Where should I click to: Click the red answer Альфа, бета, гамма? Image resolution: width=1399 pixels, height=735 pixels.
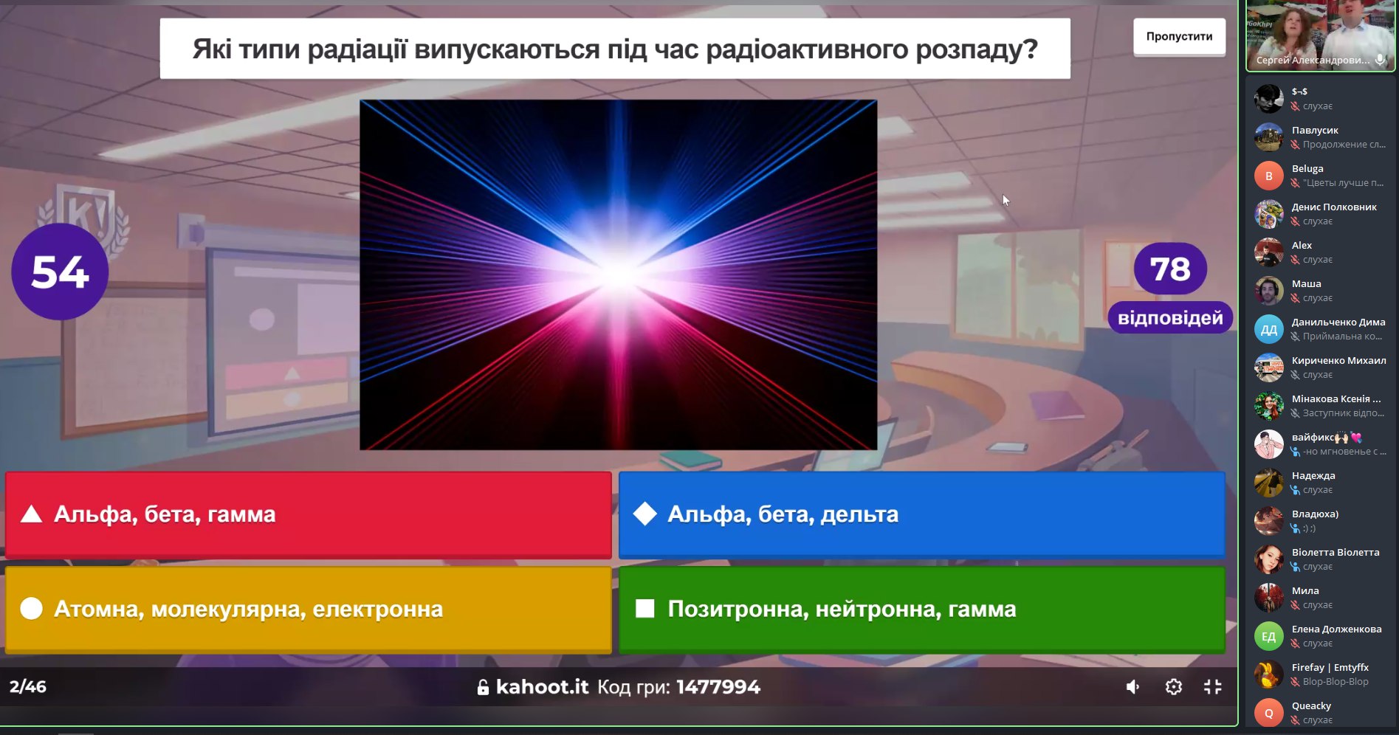309,514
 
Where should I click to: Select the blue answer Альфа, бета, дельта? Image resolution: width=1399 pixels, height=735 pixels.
922,514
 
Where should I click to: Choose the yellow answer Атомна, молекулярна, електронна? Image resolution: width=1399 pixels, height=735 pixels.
309,610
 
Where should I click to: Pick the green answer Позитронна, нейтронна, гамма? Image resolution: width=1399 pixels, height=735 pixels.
922,610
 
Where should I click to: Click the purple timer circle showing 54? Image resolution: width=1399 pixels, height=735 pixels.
60,272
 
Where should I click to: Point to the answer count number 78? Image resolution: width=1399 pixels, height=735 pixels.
1170,269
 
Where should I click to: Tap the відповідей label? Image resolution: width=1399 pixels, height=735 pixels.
1170,318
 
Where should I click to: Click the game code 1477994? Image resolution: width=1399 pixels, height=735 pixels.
718,687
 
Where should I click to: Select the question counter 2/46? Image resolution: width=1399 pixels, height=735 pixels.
28,687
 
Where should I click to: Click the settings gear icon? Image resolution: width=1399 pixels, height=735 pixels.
1173,687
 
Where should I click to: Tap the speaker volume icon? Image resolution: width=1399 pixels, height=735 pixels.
1132,687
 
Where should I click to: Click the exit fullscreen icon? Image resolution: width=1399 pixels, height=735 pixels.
1212,687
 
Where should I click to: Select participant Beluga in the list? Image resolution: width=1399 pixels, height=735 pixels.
1307,169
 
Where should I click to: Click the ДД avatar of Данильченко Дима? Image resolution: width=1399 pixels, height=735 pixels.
1268,329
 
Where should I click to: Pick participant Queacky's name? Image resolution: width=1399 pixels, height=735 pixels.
1311,706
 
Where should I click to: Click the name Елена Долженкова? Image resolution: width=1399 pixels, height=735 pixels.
1336,629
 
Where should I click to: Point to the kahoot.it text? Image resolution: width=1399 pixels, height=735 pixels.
542,687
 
